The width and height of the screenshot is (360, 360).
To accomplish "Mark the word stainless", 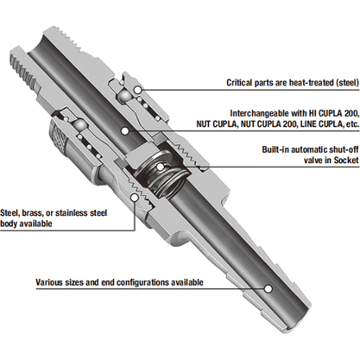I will coord(87,212).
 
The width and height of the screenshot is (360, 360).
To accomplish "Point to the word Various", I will coord(51,281).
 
